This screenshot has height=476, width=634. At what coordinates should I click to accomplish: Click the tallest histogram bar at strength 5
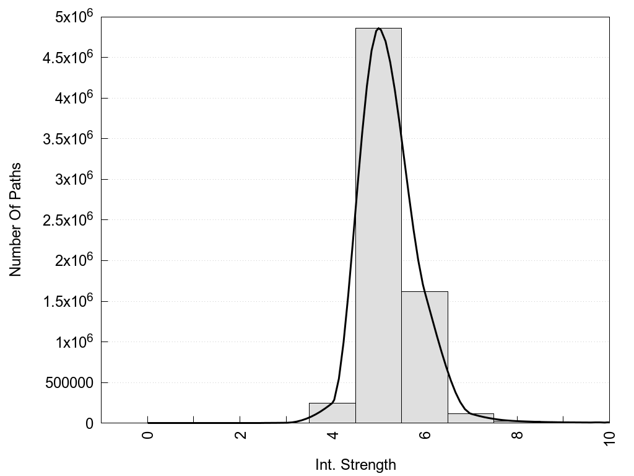(x=378, y=223)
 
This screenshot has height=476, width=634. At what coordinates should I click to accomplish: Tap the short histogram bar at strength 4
(x=332, y=413)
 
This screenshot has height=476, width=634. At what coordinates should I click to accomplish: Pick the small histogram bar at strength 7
(x=471, y=418)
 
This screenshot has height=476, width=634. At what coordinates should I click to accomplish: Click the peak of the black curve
(x=378, y=29)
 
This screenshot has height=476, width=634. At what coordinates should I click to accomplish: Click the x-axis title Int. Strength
(x=355, y=464)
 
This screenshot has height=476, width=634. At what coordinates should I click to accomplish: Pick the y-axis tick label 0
(x=89, y=423)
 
